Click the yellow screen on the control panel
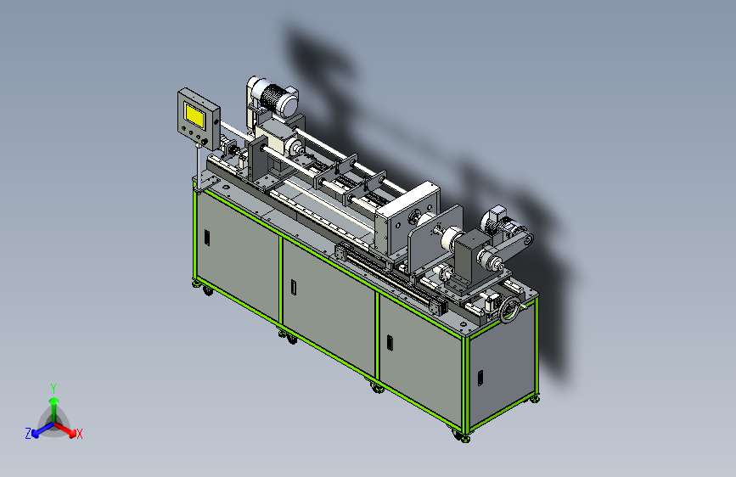(x=194, y=115)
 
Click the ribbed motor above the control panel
(x=274, y=98)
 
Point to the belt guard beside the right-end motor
(x=514, y=245)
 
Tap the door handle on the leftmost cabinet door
(x=207, y=237)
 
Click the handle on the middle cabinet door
(x=294, y=287)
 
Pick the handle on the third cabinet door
(x=390, y=342)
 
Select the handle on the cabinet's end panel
(x=480, y=378)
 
